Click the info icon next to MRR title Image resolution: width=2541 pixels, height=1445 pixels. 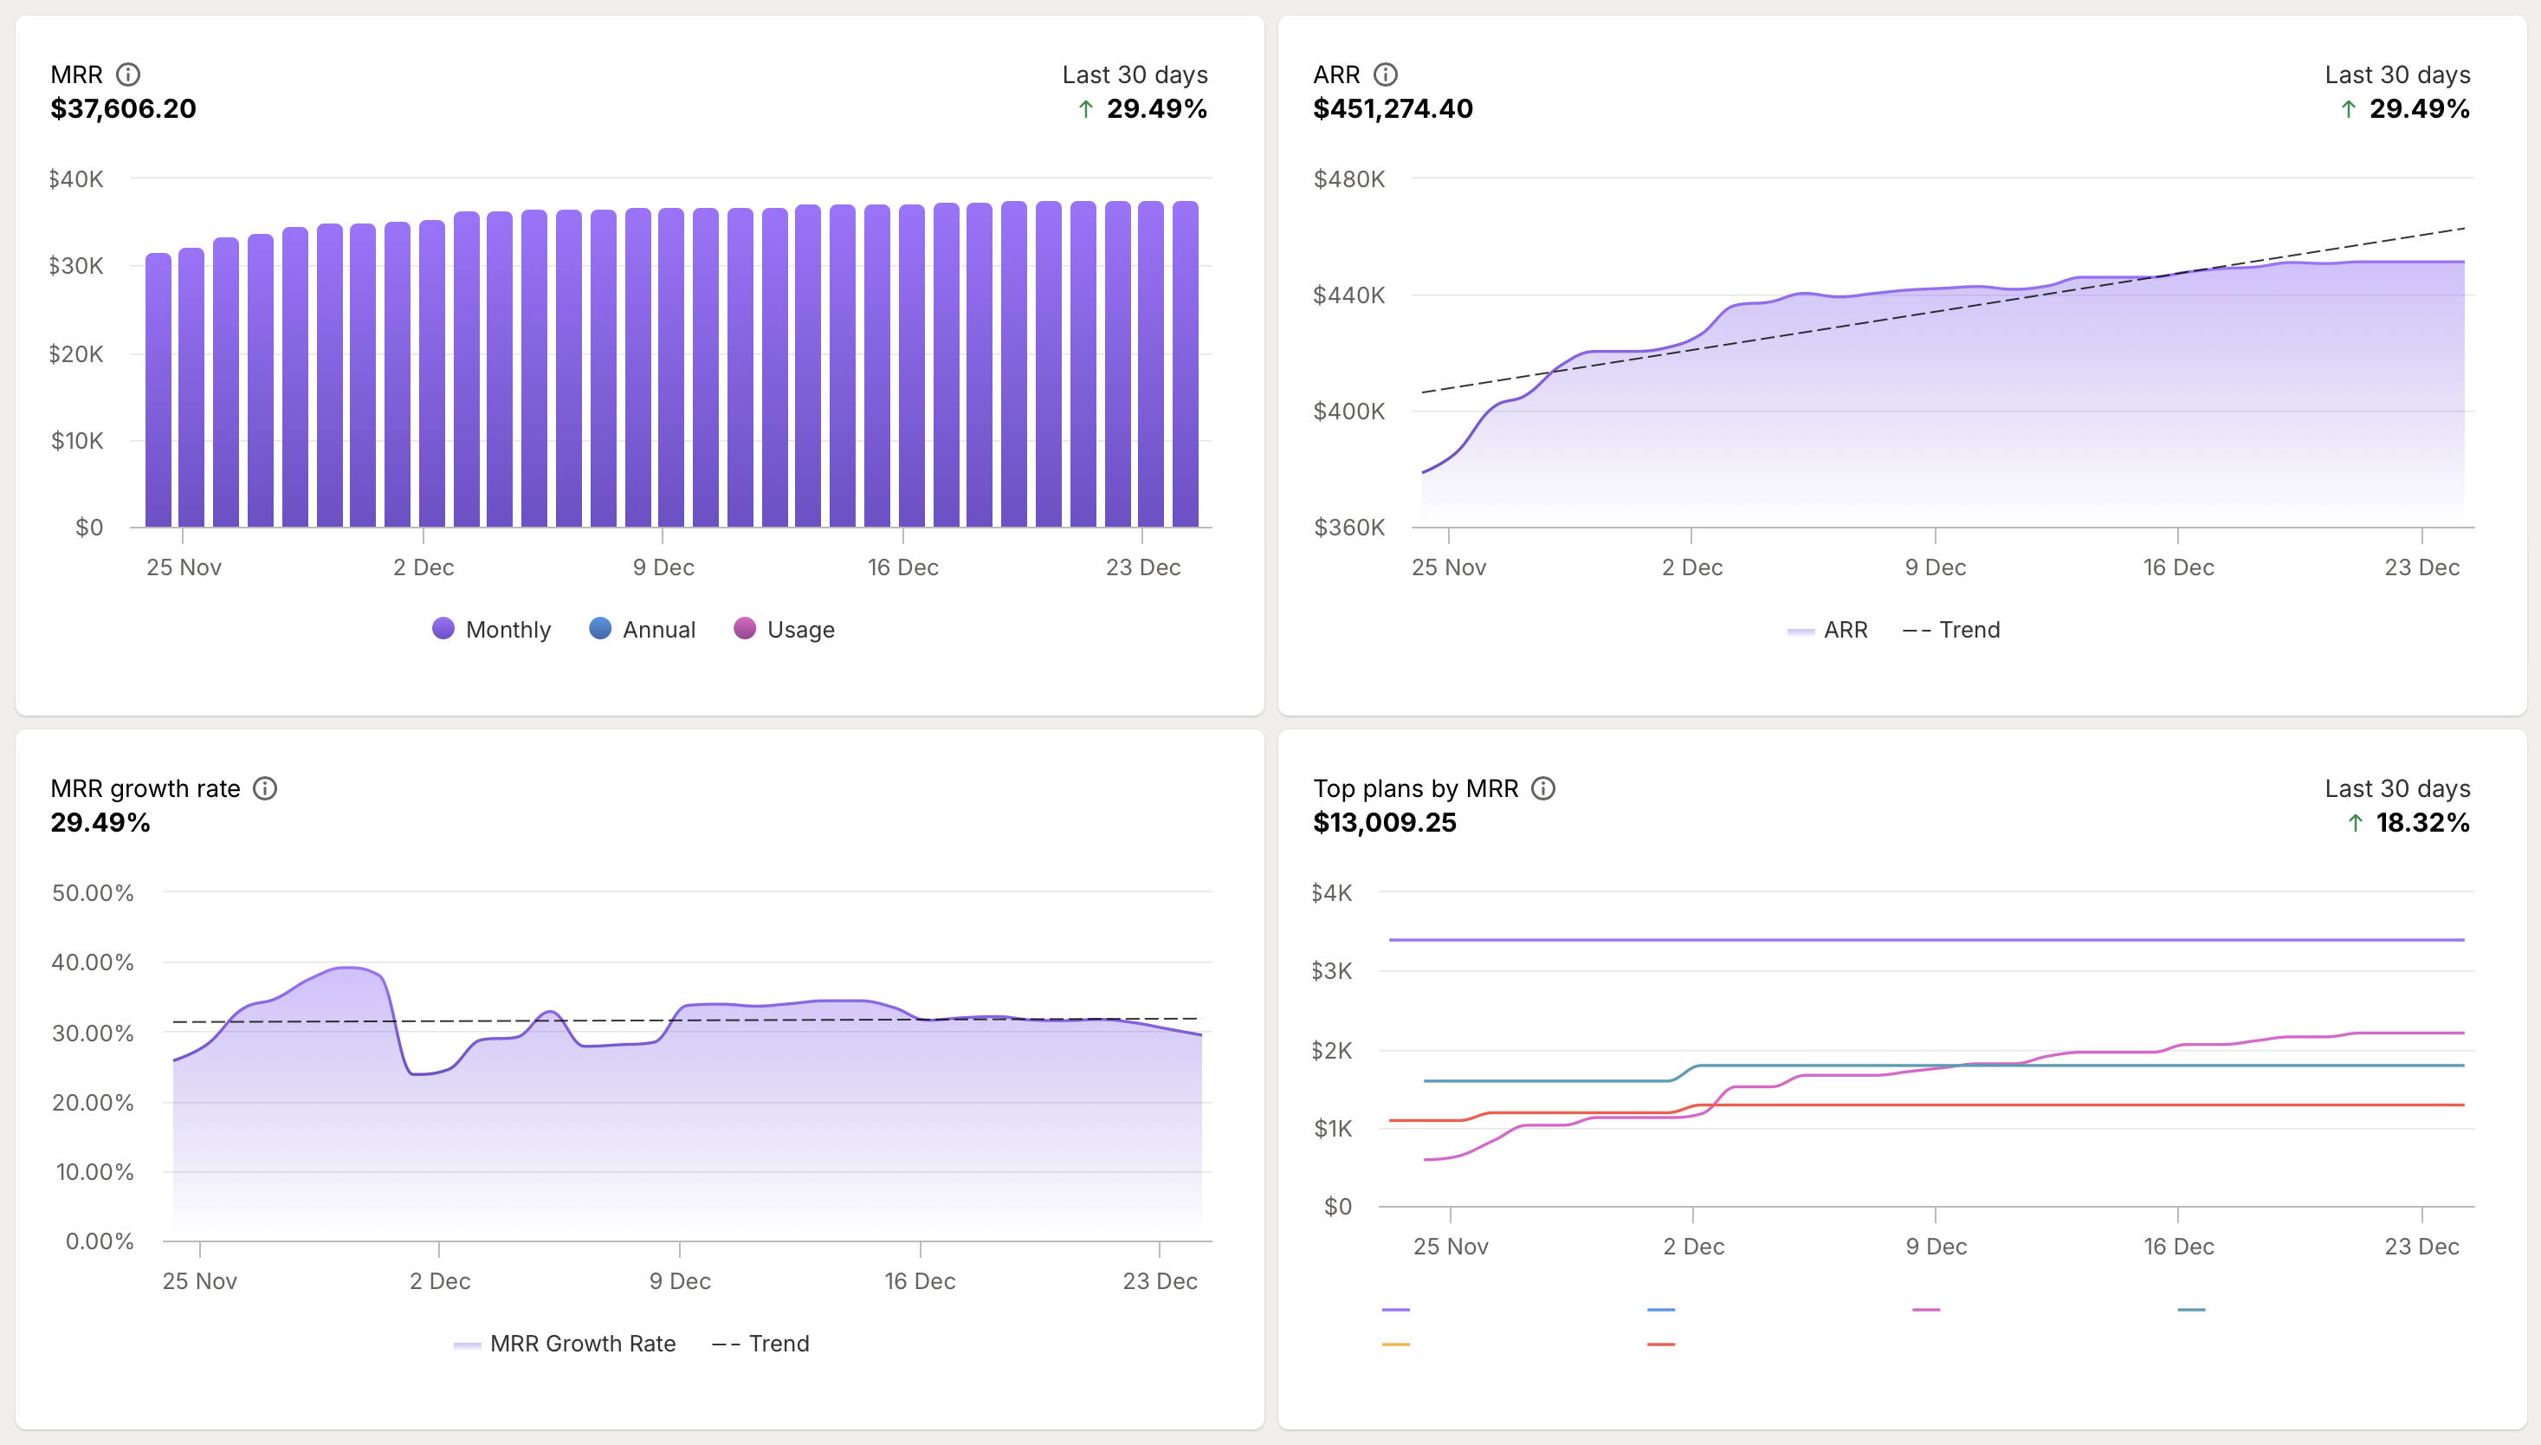point(128,75)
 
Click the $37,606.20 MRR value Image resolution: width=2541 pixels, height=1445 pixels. point(123,108)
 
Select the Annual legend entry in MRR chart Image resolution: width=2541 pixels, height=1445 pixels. point(642,629)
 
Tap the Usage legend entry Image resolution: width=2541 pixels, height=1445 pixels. point(784,629)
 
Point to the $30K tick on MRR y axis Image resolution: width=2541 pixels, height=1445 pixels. point(75,266)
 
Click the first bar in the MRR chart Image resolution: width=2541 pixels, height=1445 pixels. point(158,389)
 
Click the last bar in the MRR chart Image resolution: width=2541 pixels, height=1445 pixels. point(1185,363)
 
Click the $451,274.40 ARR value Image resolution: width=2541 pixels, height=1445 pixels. point(1392,108)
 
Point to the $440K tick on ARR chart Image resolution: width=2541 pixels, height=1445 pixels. point(1348,295)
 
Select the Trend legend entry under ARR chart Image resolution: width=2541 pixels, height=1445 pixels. point(1950,629)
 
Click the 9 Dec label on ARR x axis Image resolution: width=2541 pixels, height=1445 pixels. point(1935,567)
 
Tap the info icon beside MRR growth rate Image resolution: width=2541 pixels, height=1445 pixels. point(265,788)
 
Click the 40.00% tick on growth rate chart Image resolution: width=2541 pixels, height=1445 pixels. point(93,962)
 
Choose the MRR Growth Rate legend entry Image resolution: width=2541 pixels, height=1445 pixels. point(565,1343)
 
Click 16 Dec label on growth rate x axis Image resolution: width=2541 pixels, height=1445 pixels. point(920,1281)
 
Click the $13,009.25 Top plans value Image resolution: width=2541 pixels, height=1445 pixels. point(1384,823)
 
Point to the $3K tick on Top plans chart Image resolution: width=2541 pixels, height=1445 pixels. point(1330,970)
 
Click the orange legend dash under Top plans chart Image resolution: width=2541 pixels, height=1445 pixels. point(1395,1344)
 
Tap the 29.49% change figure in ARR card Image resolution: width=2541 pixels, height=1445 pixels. point(2418,108)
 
